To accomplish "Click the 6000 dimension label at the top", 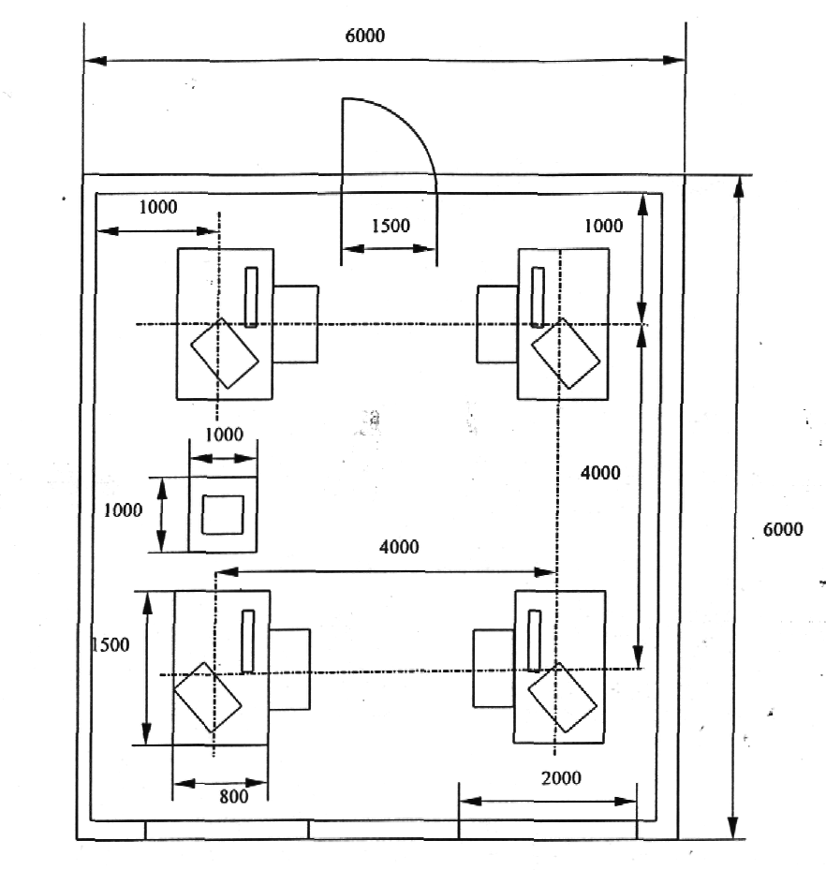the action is click(x=364, y=36).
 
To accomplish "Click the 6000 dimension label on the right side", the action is click(x=783, y=529).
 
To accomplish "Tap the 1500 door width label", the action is click(x=391, y=226).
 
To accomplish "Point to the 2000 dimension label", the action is click(x=561, y=778).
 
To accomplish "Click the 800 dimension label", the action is click(x=233, y=797).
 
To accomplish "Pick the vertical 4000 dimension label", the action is click(x=600, y=473).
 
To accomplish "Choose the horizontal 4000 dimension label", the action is click(x=399, y=547).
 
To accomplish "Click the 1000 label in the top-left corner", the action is click(x=158, y=207).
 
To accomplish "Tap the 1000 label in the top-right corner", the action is click(x=603, y=226).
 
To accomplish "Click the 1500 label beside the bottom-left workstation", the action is click(x=111, y=644).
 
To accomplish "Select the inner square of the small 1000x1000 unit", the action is click(x=223, y=515).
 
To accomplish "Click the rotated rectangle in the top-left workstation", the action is click(x=225, y=353).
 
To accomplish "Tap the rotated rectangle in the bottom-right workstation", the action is click(x=562, y=698).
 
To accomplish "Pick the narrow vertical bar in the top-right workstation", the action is click(x=538, y=298).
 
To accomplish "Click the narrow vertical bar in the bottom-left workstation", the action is click(x=248, y=641).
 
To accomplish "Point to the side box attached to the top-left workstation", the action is click(x=295, y=325).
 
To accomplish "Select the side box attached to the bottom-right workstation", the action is click(x=494, y=669).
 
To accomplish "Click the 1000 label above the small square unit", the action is click(x=224, y=435).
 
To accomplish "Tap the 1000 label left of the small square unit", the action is click(x=124, y=510).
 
